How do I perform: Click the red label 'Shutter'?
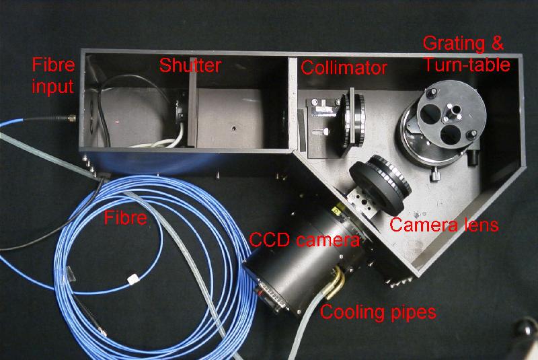coord(190,65)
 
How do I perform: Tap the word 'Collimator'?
coord(344,67)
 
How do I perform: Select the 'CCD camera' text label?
coord(305,239)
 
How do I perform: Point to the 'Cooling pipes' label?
coord(378,313)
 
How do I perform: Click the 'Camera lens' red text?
coord(444,225)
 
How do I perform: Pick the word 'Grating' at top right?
coord(454,44)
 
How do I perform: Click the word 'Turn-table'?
coord(467,65)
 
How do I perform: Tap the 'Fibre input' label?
coord(53,76)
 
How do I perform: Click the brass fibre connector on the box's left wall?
coord(71,118)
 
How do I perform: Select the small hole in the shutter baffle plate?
coord(233,129)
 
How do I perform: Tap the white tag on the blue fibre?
coord(133,279)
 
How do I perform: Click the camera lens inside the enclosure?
coord(380,184)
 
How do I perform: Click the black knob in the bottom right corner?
coord(527,328)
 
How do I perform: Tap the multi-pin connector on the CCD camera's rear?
coord(273,296)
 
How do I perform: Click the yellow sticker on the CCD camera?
coord(338,210)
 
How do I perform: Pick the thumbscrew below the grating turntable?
coord(435,175)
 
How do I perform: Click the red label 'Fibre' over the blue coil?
coord(126,217)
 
